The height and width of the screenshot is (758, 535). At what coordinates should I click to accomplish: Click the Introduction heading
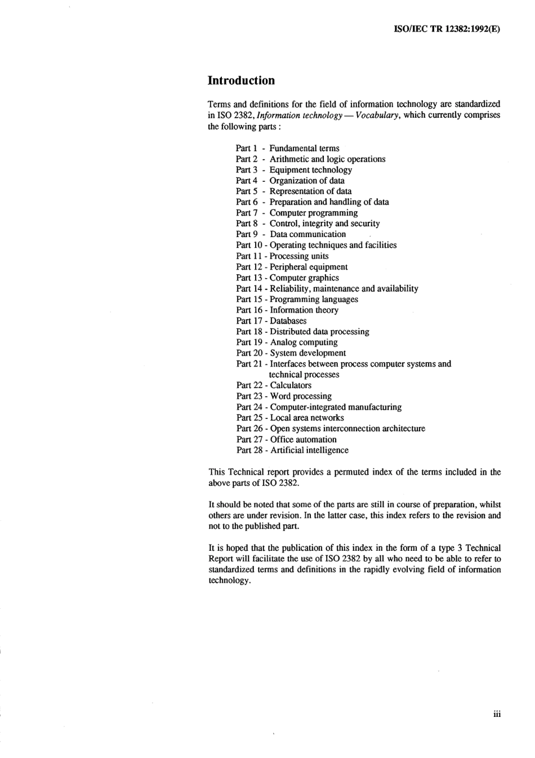click(x=241, y=81)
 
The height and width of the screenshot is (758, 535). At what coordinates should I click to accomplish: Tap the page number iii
click(x=497, y=714)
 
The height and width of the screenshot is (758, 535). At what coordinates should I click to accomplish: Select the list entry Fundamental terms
click(x=304, y=148)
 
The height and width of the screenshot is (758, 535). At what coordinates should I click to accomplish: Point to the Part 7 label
click(x=247, y=213)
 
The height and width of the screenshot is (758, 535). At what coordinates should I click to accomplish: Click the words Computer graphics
click(x=304, y=278)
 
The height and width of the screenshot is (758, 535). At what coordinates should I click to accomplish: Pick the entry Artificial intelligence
click(x=309, y=451)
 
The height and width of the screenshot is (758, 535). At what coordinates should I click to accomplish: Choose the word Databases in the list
click(x=288, y=321)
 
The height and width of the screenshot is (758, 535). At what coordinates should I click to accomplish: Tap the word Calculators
click(x=291, y=386)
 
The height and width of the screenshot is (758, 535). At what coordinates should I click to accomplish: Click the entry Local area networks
click(x=307, y=418)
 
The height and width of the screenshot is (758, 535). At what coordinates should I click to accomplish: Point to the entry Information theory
click(x=304, y=310)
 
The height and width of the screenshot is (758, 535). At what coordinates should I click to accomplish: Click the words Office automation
click(x=303, y=440)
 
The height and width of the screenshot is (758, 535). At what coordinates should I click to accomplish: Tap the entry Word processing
click(x=301, y=396)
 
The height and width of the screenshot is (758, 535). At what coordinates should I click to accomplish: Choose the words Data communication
click(x=308, y=234)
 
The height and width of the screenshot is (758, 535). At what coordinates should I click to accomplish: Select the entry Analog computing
click(x=304, y=342)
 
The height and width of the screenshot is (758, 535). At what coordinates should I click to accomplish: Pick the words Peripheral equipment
click(x=309, y=267)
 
